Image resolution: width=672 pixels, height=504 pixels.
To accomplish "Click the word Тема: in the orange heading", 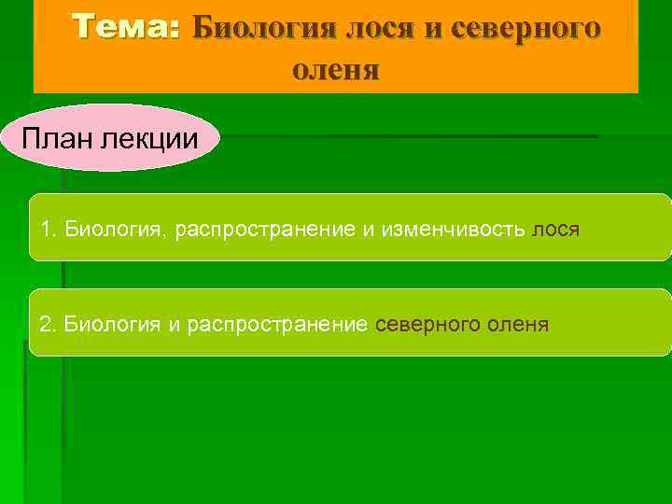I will click(x=126, y=27).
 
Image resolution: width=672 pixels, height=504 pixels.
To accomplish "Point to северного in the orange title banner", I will click(x=525, y=28).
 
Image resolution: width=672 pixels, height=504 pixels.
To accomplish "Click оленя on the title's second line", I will click(x=336, y=70).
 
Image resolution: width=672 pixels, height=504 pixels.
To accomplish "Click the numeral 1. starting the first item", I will click(x=49, y=230).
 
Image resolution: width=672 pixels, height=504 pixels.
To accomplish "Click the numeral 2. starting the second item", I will click(x=49, y=324).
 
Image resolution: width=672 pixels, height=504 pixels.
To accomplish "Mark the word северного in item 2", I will click(x=425, y=324).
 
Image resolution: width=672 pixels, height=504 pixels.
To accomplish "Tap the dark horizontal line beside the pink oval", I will click(x=411, y=137).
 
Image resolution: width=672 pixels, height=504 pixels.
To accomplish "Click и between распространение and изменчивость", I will click(x=367, y=230).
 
